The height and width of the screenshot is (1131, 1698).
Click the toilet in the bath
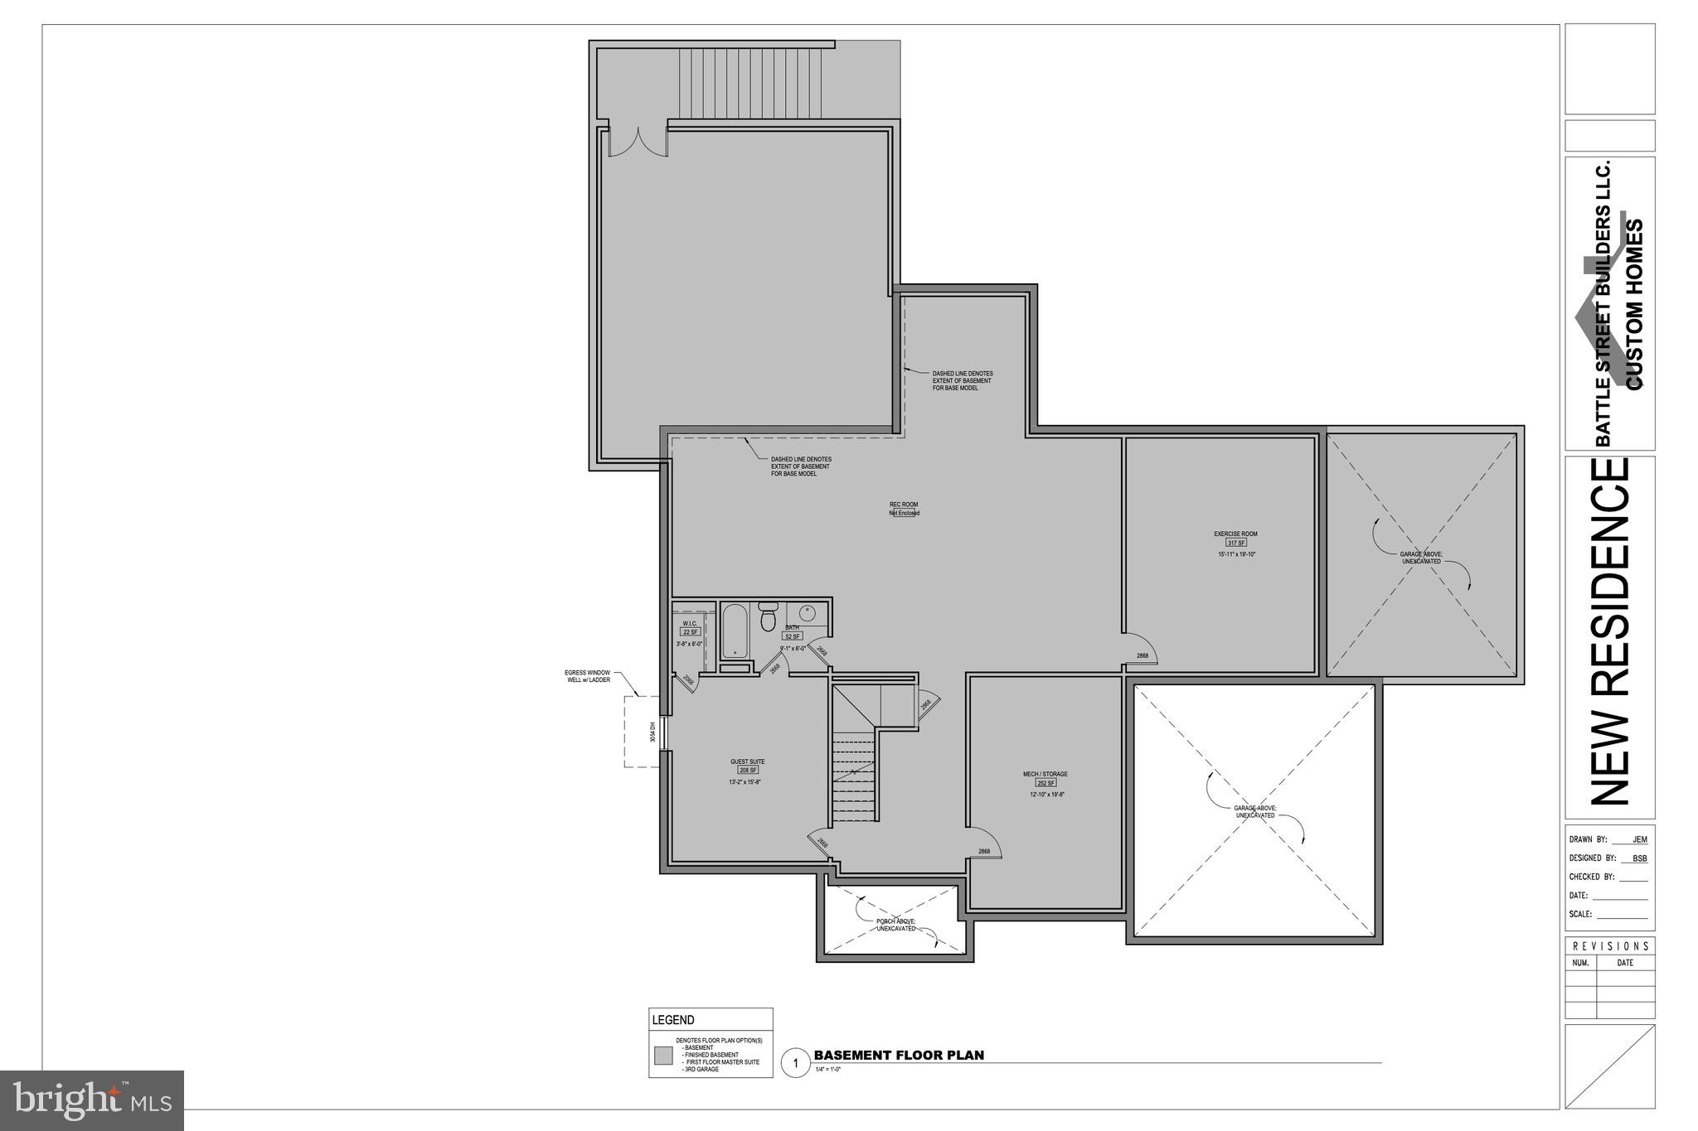767,618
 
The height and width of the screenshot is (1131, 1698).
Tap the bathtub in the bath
735,631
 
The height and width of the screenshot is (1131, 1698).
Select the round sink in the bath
807,614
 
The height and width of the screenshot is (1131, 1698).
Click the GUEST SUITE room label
747,761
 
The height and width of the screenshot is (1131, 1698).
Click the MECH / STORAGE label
1045,774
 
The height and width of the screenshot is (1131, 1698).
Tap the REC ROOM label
904,504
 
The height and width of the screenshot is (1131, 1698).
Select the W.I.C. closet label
690,623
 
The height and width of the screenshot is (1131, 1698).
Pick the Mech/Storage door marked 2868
984,843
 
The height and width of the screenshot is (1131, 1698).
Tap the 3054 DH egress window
664,732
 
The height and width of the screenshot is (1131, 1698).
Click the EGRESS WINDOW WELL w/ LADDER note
587,676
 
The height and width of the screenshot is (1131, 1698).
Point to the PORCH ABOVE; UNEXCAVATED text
895,925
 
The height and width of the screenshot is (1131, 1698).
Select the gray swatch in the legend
663,1056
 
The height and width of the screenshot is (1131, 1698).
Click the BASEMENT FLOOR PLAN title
899,1055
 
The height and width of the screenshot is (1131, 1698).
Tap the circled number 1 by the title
795,1062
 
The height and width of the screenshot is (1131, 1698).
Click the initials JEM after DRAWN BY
1639,839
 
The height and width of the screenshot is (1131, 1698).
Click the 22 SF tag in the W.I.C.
690,632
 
